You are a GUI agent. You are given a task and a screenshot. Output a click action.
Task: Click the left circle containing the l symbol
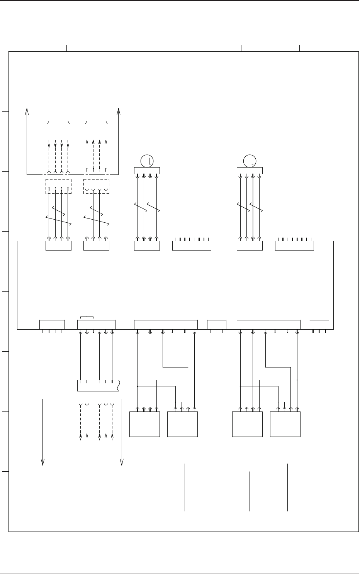(x=147, y=161)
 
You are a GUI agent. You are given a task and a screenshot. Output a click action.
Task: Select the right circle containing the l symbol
(x=250, y=161)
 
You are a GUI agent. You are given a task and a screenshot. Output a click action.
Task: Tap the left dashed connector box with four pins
(x=58, y=186)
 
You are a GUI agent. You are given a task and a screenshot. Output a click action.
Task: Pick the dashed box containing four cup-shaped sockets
(x=96, y=186)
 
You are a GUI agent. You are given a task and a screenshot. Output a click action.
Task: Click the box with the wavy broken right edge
(x=98, y=386)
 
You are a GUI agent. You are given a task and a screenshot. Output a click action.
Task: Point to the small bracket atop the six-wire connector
(x=87, y=318)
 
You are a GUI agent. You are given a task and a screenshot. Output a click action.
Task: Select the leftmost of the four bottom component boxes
(x=144, y=424)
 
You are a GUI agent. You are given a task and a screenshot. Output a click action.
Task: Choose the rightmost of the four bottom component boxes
(x=285, y=424)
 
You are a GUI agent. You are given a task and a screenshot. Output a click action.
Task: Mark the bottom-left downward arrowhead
(x=42, y=462)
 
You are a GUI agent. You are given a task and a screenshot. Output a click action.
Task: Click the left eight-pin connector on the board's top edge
(x=192, y=246)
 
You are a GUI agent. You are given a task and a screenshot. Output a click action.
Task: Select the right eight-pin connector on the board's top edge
(x=294, y=246)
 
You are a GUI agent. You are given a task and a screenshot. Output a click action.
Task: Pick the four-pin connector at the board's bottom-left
(x=52, y=325)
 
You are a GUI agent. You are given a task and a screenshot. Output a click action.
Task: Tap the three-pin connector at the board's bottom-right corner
(x=319, y=325)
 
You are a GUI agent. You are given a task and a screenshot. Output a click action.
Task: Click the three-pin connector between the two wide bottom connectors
(x=217, y=325)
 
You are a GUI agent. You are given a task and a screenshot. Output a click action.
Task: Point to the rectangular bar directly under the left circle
(x=147, y=171)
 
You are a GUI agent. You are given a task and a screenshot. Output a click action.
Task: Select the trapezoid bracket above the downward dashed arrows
(x=58, y=122)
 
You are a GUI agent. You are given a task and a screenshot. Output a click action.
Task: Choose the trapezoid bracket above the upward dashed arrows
(x=96, y=122)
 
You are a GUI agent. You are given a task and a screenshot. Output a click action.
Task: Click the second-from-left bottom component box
(x=182, y=424)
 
